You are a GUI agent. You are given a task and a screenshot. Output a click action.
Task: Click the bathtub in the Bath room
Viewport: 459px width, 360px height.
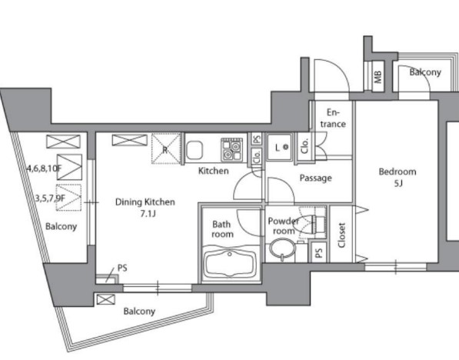pos(229,263)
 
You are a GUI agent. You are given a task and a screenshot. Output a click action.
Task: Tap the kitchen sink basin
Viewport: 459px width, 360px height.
pos(194,150)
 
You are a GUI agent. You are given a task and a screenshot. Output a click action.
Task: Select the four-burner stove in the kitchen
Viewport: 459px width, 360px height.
pos(232,149)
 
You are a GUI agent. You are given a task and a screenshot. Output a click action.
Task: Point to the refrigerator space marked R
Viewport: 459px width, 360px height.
pos(165,148)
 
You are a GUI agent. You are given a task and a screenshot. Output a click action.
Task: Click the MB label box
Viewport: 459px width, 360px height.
pos(378,76)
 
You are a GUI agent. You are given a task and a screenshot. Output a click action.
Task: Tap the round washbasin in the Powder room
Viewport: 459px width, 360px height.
pos(282,249)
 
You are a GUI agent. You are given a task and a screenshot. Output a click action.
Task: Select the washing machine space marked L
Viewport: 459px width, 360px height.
pos(280,148)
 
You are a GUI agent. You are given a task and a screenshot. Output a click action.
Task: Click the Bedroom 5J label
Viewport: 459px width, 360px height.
pos(397,177)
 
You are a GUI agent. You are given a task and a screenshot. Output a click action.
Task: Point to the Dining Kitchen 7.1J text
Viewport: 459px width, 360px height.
pos(145,208)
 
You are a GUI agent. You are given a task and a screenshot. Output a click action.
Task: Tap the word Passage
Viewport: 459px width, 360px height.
pos(315,178)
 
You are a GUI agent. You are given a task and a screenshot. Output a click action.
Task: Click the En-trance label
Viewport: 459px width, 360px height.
pos(333,118)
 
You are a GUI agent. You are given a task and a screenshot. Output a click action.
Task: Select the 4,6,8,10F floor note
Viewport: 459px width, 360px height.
pos(44,168)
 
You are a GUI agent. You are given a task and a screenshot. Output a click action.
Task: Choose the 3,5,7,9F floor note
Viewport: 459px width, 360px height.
pos(50,198)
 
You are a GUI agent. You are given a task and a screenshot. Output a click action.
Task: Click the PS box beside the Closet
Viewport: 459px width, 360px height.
pos(319,252)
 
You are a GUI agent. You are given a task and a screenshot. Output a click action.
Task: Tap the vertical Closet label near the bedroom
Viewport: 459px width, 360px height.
pos(341,235)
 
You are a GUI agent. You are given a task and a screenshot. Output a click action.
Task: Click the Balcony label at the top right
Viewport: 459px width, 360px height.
pos(425,72)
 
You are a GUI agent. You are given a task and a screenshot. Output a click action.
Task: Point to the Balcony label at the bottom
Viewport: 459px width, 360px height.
pos(139,311)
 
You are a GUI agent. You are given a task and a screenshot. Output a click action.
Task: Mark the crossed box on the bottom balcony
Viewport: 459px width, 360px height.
pos(105,299)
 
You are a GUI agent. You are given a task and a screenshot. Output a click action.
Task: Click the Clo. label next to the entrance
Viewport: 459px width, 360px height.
pos(304,146)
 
